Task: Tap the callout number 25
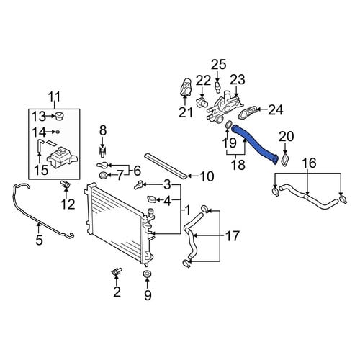pos(219,64)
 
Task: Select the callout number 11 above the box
pos(54,97)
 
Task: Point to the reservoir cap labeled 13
pos(59,116)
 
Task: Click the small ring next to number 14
pos(58,132)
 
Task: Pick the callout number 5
pos(39,239)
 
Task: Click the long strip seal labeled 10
pos(166,166)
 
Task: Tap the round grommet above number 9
pos(147,274)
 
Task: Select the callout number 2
pos(117,292)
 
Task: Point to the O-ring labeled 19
pos(228,125)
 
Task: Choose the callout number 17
pos(232,236)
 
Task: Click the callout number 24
pos(276,110)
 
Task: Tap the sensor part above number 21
pos(185,86)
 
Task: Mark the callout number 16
pos(309,163)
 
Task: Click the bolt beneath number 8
pos(103,153)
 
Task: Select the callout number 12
pos(68,204)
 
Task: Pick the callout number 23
pos(238,80)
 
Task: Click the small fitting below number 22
pos(202,103)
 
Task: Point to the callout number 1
pos(187,210)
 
